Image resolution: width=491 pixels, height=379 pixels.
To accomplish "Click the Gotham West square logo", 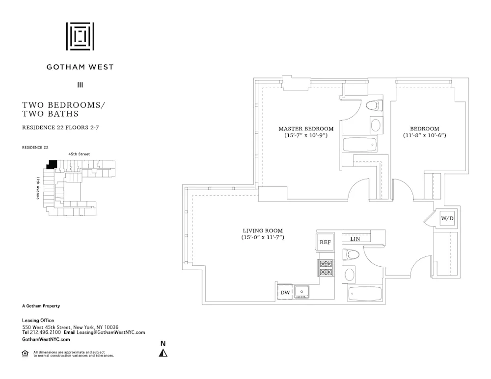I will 80,36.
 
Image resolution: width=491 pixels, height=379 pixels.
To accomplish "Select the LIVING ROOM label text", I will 263,231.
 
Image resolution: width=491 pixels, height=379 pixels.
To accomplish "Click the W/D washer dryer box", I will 447,218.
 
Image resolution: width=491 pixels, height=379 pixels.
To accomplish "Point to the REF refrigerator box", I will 325,242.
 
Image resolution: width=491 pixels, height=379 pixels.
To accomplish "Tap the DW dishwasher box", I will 285,293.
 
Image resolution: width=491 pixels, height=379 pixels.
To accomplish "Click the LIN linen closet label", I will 355,239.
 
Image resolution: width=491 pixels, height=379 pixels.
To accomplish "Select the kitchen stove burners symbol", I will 326,268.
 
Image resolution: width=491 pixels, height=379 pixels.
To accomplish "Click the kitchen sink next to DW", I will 302,292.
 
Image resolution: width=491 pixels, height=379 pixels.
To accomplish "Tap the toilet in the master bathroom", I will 376,105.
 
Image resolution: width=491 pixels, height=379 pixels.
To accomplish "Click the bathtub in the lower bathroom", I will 365,294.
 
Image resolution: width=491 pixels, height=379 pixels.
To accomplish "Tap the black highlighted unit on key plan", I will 52,164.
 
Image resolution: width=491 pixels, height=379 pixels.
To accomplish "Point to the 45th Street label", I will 79,154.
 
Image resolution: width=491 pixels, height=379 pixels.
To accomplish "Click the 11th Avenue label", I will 38,188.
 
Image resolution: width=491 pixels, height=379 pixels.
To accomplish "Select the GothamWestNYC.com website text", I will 46,339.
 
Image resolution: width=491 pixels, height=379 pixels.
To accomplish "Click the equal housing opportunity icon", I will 25,353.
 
